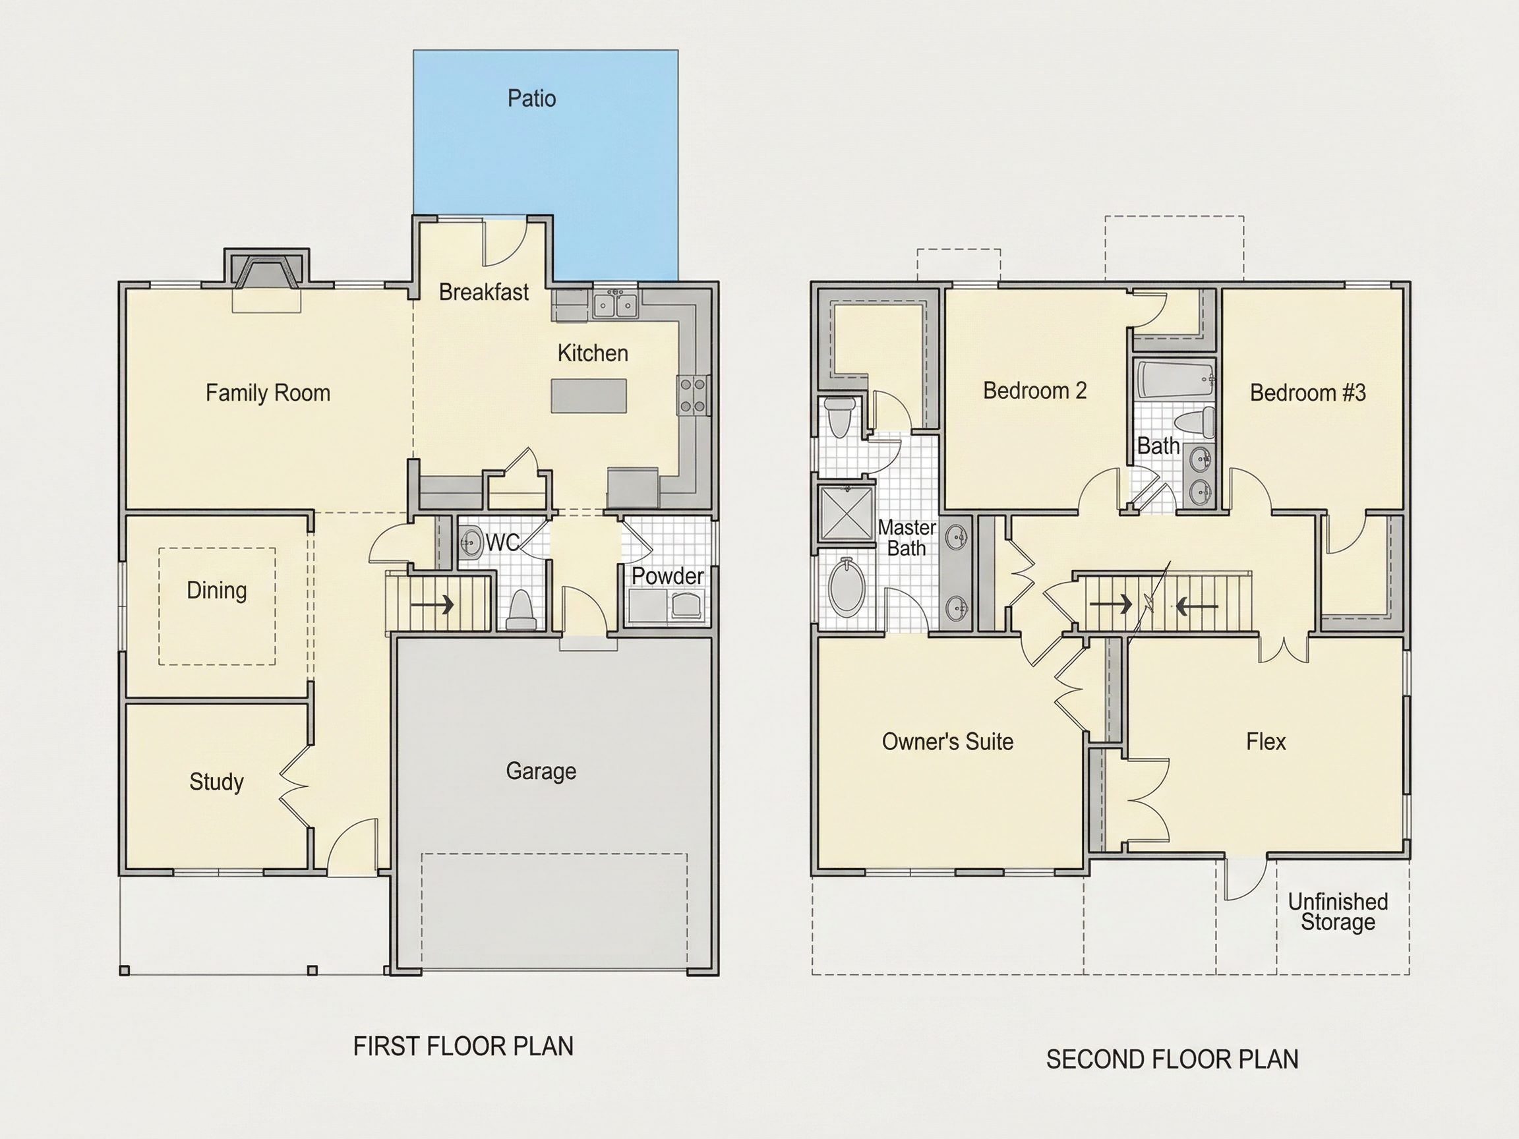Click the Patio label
pyautogui.click(x=531, y=99)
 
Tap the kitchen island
pyautogui.click(x=589, y=396)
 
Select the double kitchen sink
pyautogui.click(x=615, y=304)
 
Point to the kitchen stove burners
pyautogui.click(x=693, y=395)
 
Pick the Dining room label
pyautogui.click(x=216, y=591)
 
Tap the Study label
pyautogui.click(x=216, y=781)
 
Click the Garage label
pyautogui.click(x=541, y=771)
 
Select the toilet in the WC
pyautogui.click(x=521, y=611)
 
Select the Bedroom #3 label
pyautogui.click(x=1307, y=393)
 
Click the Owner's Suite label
pyautogui.click(x=947, y=742)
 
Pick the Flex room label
pyautogui.click(x=1266, y=742)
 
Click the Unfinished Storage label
pyautogui.click(x=1338, y=912)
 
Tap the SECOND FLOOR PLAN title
pyautogui.click(x=1172, y=1059)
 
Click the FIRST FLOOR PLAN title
pyautogui.click(x=463, y=1046)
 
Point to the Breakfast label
pyautogui.click(x=483, y=293)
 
